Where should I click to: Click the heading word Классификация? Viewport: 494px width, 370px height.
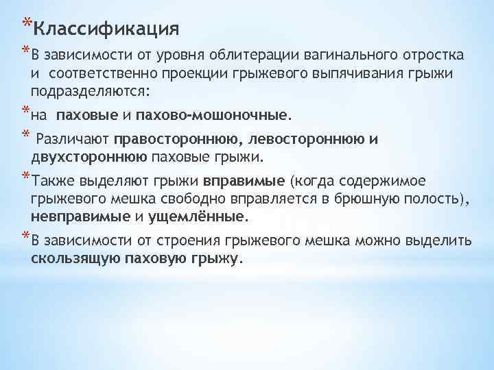pos(106,29)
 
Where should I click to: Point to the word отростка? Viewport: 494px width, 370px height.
pos(429,55)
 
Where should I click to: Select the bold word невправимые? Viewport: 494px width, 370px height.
pos(80,217)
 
